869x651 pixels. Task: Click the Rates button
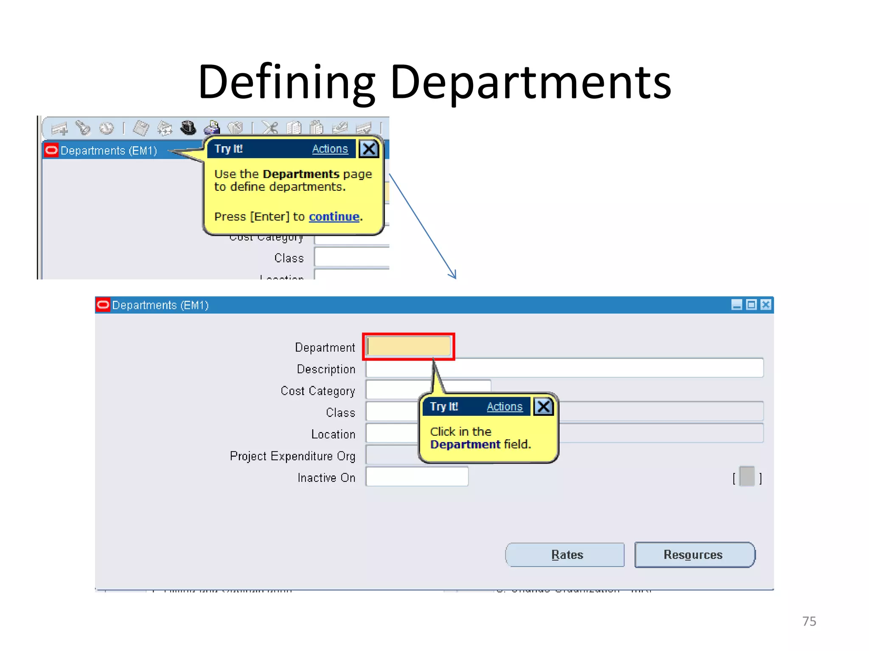tap(565, 555)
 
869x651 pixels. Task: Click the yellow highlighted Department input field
tap(409, 347)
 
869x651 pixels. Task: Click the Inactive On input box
tap(417, 477)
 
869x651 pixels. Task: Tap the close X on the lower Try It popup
tap(544, 407)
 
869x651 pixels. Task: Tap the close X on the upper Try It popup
tap(369, 149)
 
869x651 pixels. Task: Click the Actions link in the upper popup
tap(330, 149)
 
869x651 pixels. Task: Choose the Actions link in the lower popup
tap(504, 407)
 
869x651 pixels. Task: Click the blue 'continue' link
tap(334, 217)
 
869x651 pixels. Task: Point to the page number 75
tap(809, 621)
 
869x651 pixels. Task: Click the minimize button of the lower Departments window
tap(737, 305)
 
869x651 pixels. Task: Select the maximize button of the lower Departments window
tap(751, 305)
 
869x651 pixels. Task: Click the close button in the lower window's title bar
tap(765, 305)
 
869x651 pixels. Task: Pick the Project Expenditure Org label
tap(292, 456)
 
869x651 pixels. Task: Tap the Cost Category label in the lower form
tap(317, 391)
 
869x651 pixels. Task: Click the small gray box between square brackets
tap(747, 476)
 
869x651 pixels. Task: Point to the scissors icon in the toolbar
tap(270, 128)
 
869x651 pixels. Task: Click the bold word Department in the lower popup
tap(465, 445)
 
